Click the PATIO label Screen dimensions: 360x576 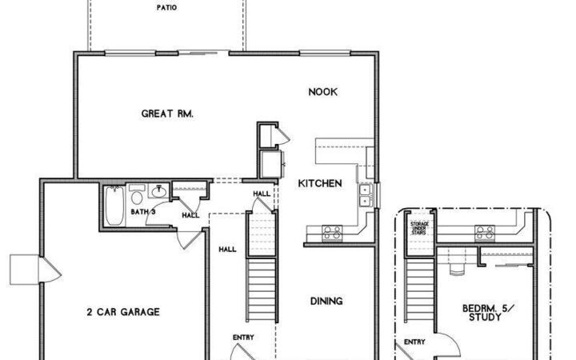tap(167, 9)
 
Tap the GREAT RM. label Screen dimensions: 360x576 tap(167, 114)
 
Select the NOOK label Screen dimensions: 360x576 tap(322, 92)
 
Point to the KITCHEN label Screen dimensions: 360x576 tap(320, 183)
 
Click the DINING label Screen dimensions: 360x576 tap(326, 301)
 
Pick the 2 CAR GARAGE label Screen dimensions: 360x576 tap(123, 312)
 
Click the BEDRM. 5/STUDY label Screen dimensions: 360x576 tap(482, 312)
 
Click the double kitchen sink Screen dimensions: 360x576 tap(365, 195)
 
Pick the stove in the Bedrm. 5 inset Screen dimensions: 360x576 tap(484, 233)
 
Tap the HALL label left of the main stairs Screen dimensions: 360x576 tap(227, 249)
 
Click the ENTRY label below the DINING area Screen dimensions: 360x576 tap(243, 337)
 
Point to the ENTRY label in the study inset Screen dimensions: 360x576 tap(414, 342)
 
